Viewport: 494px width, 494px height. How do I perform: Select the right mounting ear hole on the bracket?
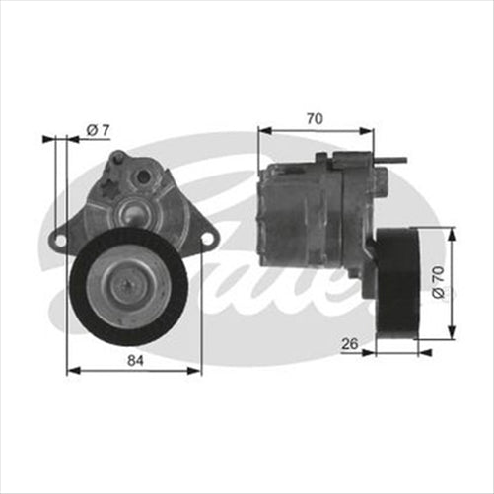(207, 236)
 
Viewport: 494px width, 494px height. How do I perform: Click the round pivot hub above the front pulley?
(129, 209)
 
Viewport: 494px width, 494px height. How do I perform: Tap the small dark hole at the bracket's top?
(143, 176)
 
